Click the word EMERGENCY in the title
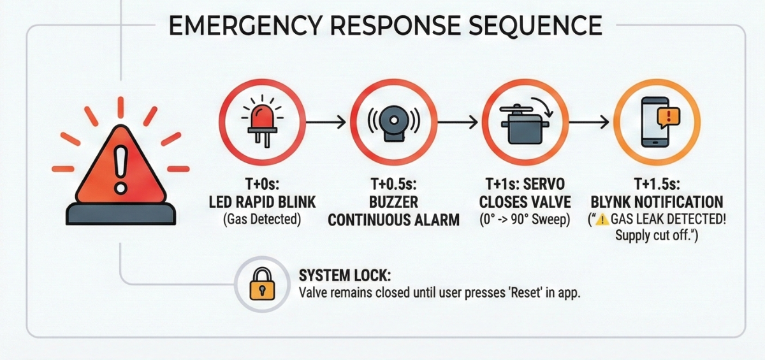(x=245, y=25)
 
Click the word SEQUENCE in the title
(x=535, y=25)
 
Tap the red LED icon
(x=262, y=122)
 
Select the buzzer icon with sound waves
(x=394, y=124)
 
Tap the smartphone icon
(x=655, y=122)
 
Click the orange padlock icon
(x=262, y=284)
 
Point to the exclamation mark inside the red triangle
(x=120, y=169)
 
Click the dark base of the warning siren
(x=121, y=214)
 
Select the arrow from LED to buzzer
(x=326, y=122)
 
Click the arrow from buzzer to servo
(x=457, y=122)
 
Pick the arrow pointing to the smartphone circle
(x=589, y=122)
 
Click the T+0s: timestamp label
(x=262, y=185)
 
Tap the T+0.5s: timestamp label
(x=394, y=185)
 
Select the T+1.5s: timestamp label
(x=657, y=185)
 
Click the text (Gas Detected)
(x=262, y=219)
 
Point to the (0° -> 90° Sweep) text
(x=525, y=219)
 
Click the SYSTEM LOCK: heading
(x=345, y=275)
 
